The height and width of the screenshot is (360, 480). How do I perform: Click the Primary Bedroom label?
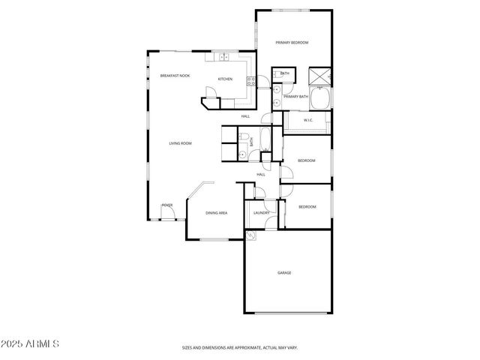point(292,43)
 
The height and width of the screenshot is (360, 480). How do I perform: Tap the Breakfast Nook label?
point(175,76)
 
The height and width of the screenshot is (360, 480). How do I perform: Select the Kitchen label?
point(225,79)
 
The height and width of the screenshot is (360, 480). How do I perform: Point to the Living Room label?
point(181,143)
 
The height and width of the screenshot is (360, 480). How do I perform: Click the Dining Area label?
point(217,213)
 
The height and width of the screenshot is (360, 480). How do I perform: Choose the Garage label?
point(284,272)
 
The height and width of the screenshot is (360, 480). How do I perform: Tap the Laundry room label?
point(261,213)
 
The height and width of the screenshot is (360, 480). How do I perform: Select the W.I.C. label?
point(307,120)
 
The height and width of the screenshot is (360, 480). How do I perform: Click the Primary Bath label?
point(295,97)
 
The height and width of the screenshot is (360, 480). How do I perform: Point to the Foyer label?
point(167,205)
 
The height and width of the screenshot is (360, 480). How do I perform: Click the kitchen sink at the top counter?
point(223,56)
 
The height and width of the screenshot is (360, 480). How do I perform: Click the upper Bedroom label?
point(306,161)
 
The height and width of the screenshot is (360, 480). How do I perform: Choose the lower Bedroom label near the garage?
point(307,207)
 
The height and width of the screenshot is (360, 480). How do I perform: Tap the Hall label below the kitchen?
point(245,117)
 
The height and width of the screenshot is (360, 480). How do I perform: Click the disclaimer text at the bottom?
point(240,348)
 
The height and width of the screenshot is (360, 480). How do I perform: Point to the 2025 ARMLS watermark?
point(30,343)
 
